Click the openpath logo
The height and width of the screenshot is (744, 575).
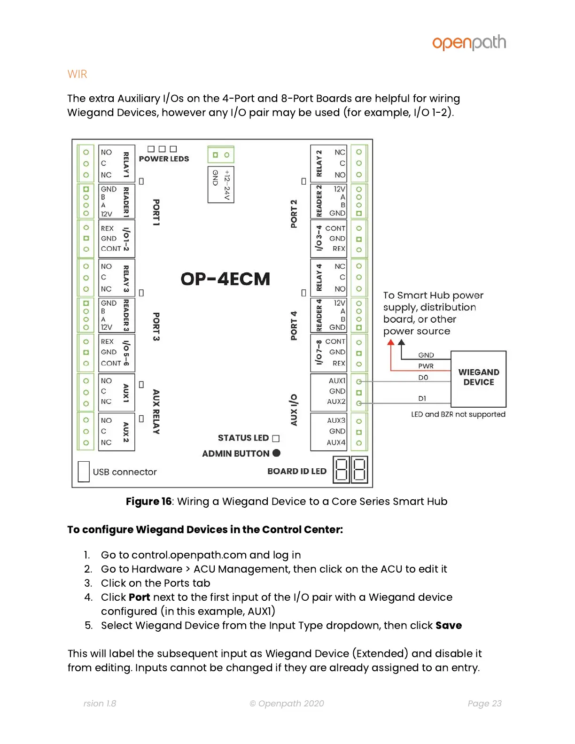pos(469,43)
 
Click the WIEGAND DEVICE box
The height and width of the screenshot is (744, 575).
pos(478,378)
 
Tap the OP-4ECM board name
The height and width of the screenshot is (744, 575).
pos(225,279)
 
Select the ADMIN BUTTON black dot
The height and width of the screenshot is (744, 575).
pos(276,453)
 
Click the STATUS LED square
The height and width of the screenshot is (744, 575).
pos(276,438)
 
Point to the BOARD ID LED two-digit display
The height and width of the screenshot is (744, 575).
pos(350,469)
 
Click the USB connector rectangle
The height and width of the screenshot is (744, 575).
pos(84,472)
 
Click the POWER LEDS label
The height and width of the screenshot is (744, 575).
pos(164,159)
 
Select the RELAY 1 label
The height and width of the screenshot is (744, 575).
pos(126,164)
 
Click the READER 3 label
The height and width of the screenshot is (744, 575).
pos(126,315)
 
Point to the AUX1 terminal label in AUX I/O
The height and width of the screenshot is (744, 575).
pos(337,380)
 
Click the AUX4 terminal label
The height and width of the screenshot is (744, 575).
pos(336,442)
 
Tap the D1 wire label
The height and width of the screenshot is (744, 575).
pos(422,398)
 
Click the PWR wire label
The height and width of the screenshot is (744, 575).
pos(426,366)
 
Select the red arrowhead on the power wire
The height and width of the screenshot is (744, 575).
pos(390,342)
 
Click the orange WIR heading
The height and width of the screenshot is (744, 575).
pos(78,74)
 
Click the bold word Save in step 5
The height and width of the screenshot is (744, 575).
pos(448,625)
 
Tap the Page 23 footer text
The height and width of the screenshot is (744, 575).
pos(484,703)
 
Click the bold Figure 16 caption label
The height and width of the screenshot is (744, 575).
pos(148,501)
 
